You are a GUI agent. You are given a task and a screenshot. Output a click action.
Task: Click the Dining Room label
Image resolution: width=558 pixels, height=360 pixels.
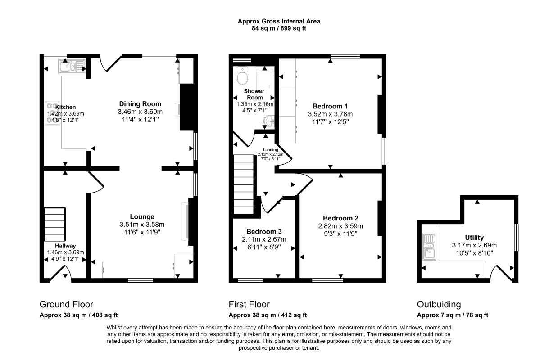point(140,104)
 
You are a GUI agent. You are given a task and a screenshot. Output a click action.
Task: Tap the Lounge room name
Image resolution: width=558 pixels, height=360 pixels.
point(142,216)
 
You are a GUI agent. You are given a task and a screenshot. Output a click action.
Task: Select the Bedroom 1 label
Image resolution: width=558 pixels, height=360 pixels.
point(330,106)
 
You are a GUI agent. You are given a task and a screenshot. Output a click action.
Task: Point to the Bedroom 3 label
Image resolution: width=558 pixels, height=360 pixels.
point(264,232)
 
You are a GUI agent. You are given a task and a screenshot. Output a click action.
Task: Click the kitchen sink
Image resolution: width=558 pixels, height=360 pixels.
point(72,66)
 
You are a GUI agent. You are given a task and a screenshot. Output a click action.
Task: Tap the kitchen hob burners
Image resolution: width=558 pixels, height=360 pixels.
point(53,113)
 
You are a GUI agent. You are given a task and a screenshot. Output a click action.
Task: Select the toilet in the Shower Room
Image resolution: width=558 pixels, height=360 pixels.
point(243,76)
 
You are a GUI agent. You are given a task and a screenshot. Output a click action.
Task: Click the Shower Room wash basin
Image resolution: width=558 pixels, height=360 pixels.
point(269,122)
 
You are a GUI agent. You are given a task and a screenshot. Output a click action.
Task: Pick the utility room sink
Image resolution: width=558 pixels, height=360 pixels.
point(430,247)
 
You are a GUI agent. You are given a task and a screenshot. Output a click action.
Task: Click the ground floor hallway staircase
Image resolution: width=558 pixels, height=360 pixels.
point(55,224)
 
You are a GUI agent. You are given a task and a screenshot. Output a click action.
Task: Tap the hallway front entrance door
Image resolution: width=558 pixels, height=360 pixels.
point(61,273)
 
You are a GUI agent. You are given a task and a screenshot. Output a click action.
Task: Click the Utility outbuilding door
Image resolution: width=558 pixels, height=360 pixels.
point(501,273)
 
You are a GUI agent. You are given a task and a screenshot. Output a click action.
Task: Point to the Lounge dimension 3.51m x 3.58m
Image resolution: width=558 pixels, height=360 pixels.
point(142,225)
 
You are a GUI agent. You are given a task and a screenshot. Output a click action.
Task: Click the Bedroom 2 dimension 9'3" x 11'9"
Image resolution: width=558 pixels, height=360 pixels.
point(340,234)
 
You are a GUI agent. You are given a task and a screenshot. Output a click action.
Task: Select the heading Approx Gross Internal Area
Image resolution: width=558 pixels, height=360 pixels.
point(279,22)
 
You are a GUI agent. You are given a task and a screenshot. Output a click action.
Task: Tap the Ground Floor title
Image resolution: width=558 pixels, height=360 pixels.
point(66,304)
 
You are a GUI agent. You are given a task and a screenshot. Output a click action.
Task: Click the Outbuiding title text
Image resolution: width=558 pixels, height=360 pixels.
point(439,304)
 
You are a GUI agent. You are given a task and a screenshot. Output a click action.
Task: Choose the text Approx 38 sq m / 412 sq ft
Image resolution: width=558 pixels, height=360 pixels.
point(268,315)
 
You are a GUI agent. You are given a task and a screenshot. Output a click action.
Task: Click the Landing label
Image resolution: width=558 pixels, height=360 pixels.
point(271,150)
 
